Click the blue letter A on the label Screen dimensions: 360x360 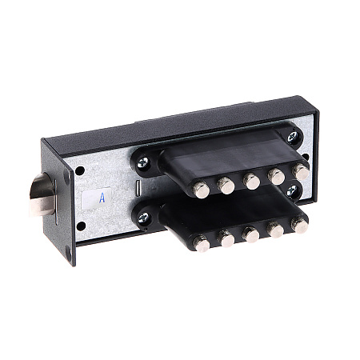coord(102,198)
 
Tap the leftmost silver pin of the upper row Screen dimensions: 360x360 coord(202,190)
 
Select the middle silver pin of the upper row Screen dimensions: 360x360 coord(251,182)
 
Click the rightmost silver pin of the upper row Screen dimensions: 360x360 coord(301,172)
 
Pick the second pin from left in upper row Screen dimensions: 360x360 coord(226,186)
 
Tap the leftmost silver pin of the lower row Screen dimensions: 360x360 coord(202,243)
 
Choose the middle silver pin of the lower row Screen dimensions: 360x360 coord(251,234)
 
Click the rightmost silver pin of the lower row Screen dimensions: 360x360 coord(300,225)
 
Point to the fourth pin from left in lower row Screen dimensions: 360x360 coord(275,230)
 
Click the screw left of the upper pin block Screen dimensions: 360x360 coord(142,162)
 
